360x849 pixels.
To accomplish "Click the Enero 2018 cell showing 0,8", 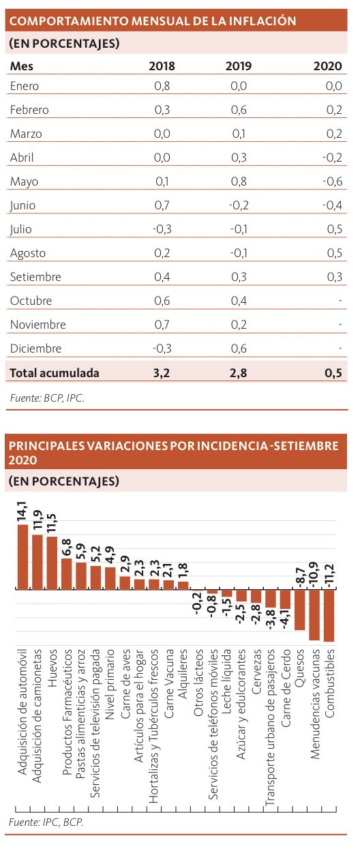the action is (162, 86).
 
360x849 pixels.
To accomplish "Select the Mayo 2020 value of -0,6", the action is (332, 181).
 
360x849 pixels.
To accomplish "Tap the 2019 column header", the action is (239, 66).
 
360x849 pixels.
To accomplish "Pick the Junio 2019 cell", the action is (239, 205).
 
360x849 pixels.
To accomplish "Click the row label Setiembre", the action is (35, 277).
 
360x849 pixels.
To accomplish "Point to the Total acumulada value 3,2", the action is (162, 373).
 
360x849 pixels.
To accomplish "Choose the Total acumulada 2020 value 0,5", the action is (333, 373).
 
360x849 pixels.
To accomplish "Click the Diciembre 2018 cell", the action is (162, 348).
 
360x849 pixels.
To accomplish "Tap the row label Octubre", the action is (31, 301).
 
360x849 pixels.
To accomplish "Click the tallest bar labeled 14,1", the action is (22, 556).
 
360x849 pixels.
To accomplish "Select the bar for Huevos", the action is (52, 563).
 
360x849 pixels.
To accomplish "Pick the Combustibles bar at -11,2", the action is (329, 616).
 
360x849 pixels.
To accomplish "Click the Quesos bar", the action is (300, 610).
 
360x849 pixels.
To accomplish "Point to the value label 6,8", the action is (67, 548).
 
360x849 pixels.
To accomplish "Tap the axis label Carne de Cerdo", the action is (286, 688).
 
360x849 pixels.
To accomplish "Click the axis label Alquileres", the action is (183, 674).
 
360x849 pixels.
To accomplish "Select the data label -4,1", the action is (286, 620).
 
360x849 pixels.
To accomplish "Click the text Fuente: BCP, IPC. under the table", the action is (47, 398).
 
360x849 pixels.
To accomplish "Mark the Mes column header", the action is (22, 66).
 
